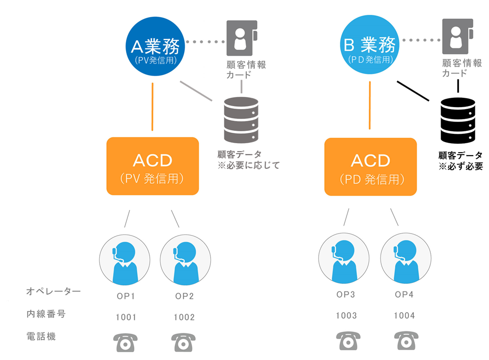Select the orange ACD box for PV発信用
(153, 166)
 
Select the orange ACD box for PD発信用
(370, 166)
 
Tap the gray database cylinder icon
(241, 120)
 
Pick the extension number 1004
(404, 316)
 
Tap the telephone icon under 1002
(184, 342)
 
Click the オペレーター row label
(53, 292)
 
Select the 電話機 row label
(41, 337)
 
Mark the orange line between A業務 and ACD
(153, 106)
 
